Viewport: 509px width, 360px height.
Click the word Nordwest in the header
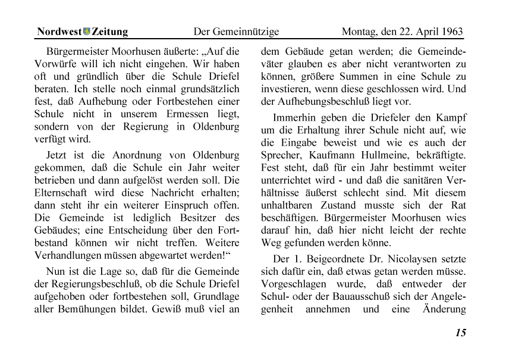59,32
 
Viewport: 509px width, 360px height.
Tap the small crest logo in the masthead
87,32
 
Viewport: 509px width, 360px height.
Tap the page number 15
460,333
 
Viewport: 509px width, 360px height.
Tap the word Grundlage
214,296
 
